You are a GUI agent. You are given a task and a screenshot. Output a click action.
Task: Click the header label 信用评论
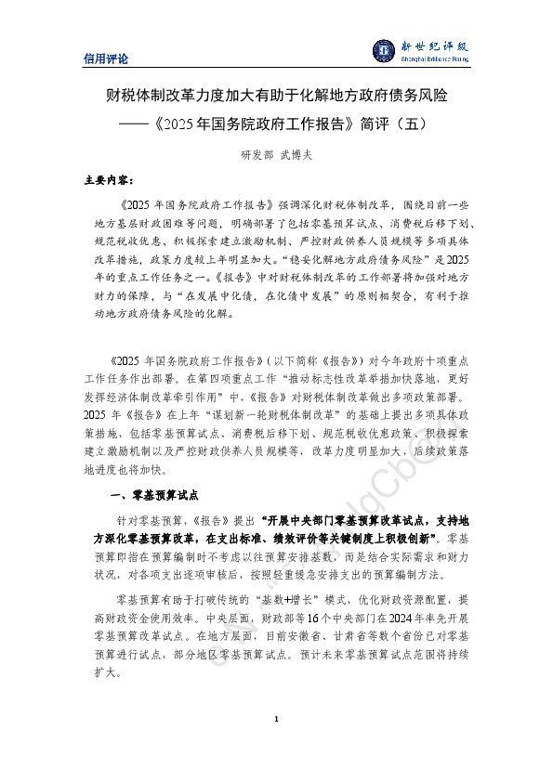click(106, 59)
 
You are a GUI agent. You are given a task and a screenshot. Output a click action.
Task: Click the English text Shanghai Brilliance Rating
click(434, 59)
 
